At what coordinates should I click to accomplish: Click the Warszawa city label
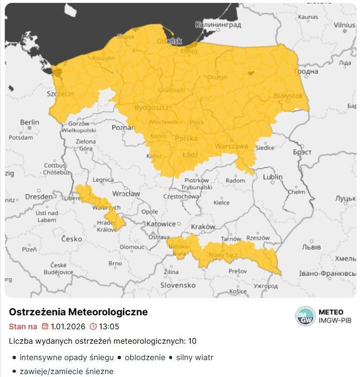click(231, 146)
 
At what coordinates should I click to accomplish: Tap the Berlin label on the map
click(29, 122)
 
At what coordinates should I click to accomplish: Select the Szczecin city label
click(60, 94)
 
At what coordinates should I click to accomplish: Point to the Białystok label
click(288, 96)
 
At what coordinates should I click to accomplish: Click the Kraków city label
click(200, 227)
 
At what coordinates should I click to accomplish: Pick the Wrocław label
click(126, 194)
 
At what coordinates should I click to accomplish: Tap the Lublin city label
click(272, 177)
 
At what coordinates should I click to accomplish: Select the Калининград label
click(218, 24)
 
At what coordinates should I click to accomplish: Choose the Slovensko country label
click(177, 285)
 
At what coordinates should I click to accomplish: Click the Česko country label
click(72, 239)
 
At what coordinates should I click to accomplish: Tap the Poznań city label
click(122, 128)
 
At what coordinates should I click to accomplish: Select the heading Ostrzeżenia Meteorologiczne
click(78, 312)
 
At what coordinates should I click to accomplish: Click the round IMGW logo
click(305, 316)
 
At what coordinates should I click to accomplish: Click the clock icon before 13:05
click(93, 326)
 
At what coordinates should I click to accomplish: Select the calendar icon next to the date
click(45, 326)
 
